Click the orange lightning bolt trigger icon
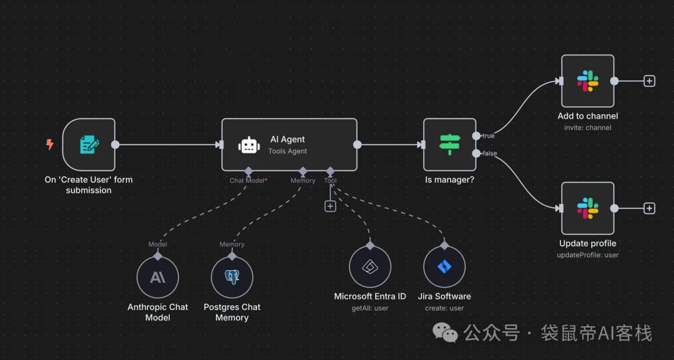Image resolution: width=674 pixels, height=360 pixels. coord(50,145)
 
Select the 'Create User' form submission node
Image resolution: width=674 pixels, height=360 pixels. coord(89,145)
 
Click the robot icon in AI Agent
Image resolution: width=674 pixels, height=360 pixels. coord(249,145)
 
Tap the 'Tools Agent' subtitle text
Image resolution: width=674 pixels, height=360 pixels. coord(288,151)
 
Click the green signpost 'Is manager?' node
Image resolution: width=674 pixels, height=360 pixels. coord(449,145)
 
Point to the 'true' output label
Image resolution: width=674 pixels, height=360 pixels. coord(488,135)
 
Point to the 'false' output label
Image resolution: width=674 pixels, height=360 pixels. coord(489,153)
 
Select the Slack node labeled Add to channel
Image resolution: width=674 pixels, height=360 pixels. coord(587,80)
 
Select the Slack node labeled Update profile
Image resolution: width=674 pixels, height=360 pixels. coord(587,208)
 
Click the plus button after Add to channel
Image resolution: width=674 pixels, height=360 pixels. coord(649,80)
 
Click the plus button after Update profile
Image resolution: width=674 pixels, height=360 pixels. coord(649,208)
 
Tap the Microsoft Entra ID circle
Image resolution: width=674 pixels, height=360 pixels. coord(370,267)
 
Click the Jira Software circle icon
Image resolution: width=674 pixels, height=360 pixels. coord(444,267)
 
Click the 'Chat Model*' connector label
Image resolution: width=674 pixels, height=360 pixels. coord(248,180)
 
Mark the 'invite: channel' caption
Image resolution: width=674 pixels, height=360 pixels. coord(587,128)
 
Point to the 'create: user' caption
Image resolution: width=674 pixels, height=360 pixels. coord(444,308)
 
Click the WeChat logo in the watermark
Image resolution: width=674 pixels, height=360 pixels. coord(446,334)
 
